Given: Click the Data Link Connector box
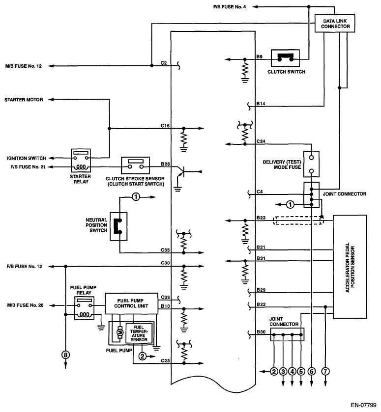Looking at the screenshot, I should point(336,24).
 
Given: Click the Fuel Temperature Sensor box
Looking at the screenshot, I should point(140,332).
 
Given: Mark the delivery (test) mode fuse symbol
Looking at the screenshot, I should point(312,164).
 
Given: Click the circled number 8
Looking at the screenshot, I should point(65,354).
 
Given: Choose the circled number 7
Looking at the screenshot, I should point(325,371).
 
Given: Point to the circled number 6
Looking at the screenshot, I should point(311,371).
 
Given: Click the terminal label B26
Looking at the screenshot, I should point(165,164).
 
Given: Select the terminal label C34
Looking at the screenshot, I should point(261,141).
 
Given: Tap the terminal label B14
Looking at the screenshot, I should point(261,104).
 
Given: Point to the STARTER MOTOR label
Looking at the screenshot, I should point(24,100).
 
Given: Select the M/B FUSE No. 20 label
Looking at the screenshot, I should point(25,305).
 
